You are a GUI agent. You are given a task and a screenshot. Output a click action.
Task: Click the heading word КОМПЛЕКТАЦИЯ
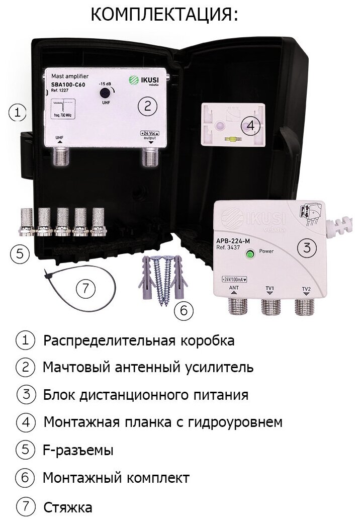[164, 15]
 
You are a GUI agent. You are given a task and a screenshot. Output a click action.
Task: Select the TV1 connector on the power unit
[270, 305]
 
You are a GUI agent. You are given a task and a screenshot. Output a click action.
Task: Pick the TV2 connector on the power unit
[305, 305]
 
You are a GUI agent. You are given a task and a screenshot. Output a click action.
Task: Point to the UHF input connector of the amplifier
[60, 157]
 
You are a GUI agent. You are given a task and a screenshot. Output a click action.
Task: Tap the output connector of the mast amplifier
[150, 157]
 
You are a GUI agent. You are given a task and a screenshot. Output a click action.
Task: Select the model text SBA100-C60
[68, 84]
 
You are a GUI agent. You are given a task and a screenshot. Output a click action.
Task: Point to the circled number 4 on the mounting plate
[249, 126]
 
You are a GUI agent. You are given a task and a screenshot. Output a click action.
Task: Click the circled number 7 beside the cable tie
[85, 288]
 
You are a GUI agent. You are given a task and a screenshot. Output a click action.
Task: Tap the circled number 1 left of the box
[18, 112]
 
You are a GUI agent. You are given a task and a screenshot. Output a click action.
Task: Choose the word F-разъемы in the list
[78, 450]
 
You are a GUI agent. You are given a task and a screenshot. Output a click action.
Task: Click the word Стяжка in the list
[68, 506]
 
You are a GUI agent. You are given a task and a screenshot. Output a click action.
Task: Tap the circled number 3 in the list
[25, 394]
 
